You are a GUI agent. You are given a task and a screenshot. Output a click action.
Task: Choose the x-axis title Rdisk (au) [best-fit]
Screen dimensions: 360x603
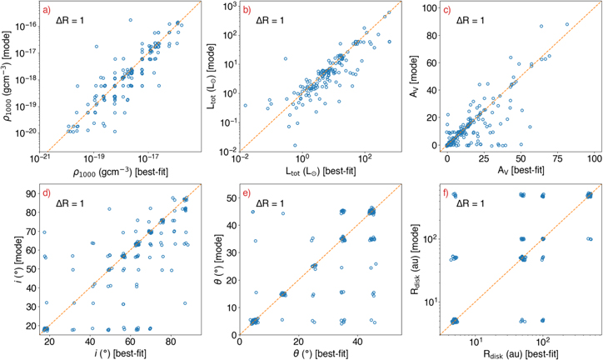pos(521,354)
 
